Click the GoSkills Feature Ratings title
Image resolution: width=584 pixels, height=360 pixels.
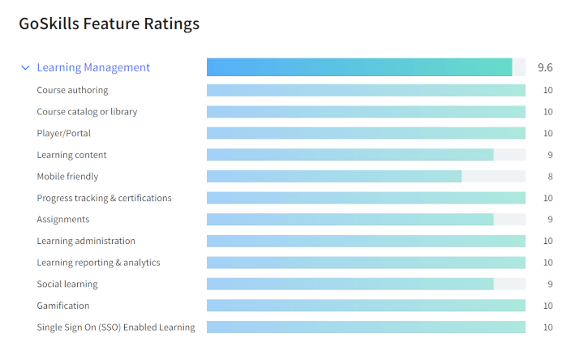[x=109, y=24]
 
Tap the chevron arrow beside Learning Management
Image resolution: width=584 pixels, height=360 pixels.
[x=25, y=68]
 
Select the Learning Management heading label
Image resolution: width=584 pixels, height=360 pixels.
[x=93, y=68]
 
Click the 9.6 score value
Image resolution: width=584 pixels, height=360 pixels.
[x=545, y=68]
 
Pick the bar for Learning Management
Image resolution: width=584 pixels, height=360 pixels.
[x=359, y=67]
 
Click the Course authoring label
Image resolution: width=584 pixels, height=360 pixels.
[x=72, y=90]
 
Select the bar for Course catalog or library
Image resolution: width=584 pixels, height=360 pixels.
[x=366, y=112]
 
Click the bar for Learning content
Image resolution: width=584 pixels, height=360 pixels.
[x=350, y=155]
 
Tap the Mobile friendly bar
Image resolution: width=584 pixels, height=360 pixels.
[x=334, y=176]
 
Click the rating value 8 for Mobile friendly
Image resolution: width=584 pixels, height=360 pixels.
[x=548, y=176]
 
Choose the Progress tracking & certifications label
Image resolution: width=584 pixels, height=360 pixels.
[x=104, y=198]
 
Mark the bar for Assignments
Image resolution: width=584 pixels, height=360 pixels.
[x=350, y=219]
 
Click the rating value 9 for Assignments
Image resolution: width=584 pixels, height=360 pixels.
[x=548, y=219]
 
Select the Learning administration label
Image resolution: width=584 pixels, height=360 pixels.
[x=86, y=241]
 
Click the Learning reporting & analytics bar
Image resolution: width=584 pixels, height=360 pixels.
[x=366, y=263]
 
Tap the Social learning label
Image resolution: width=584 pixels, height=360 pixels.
[x=67, y=284]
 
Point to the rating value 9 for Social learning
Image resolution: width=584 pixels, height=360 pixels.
[x=548, y=284]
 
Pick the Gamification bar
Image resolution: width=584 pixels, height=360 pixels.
[x=366, y=306]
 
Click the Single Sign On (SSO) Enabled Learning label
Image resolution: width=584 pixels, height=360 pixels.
[x=116, y=328]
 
